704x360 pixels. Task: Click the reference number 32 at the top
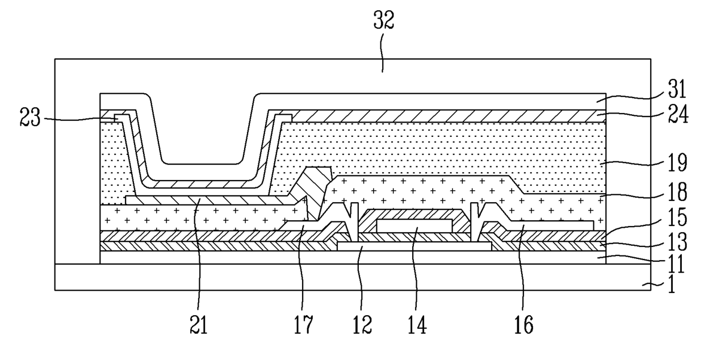pos(384,20)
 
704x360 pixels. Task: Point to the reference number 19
pos(678,162)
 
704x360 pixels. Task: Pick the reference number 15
pos(678,217)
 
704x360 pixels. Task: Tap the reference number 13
pos(678,242)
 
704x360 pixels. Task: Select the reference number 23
pos(30,117)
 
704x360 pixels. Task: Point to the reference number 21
pos(199,325)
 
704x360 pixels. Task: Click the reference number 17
pos(303,325)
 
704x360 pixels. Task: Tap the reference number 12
pos(362,325)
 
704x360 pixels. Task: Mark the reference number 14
pos(417,325)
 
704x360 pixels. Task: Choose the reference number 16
pos(524,325)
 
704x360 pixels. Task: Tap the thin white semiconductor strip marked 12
pos(414,246)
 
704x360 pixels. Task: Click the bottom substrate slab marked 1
pos(353,277)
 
